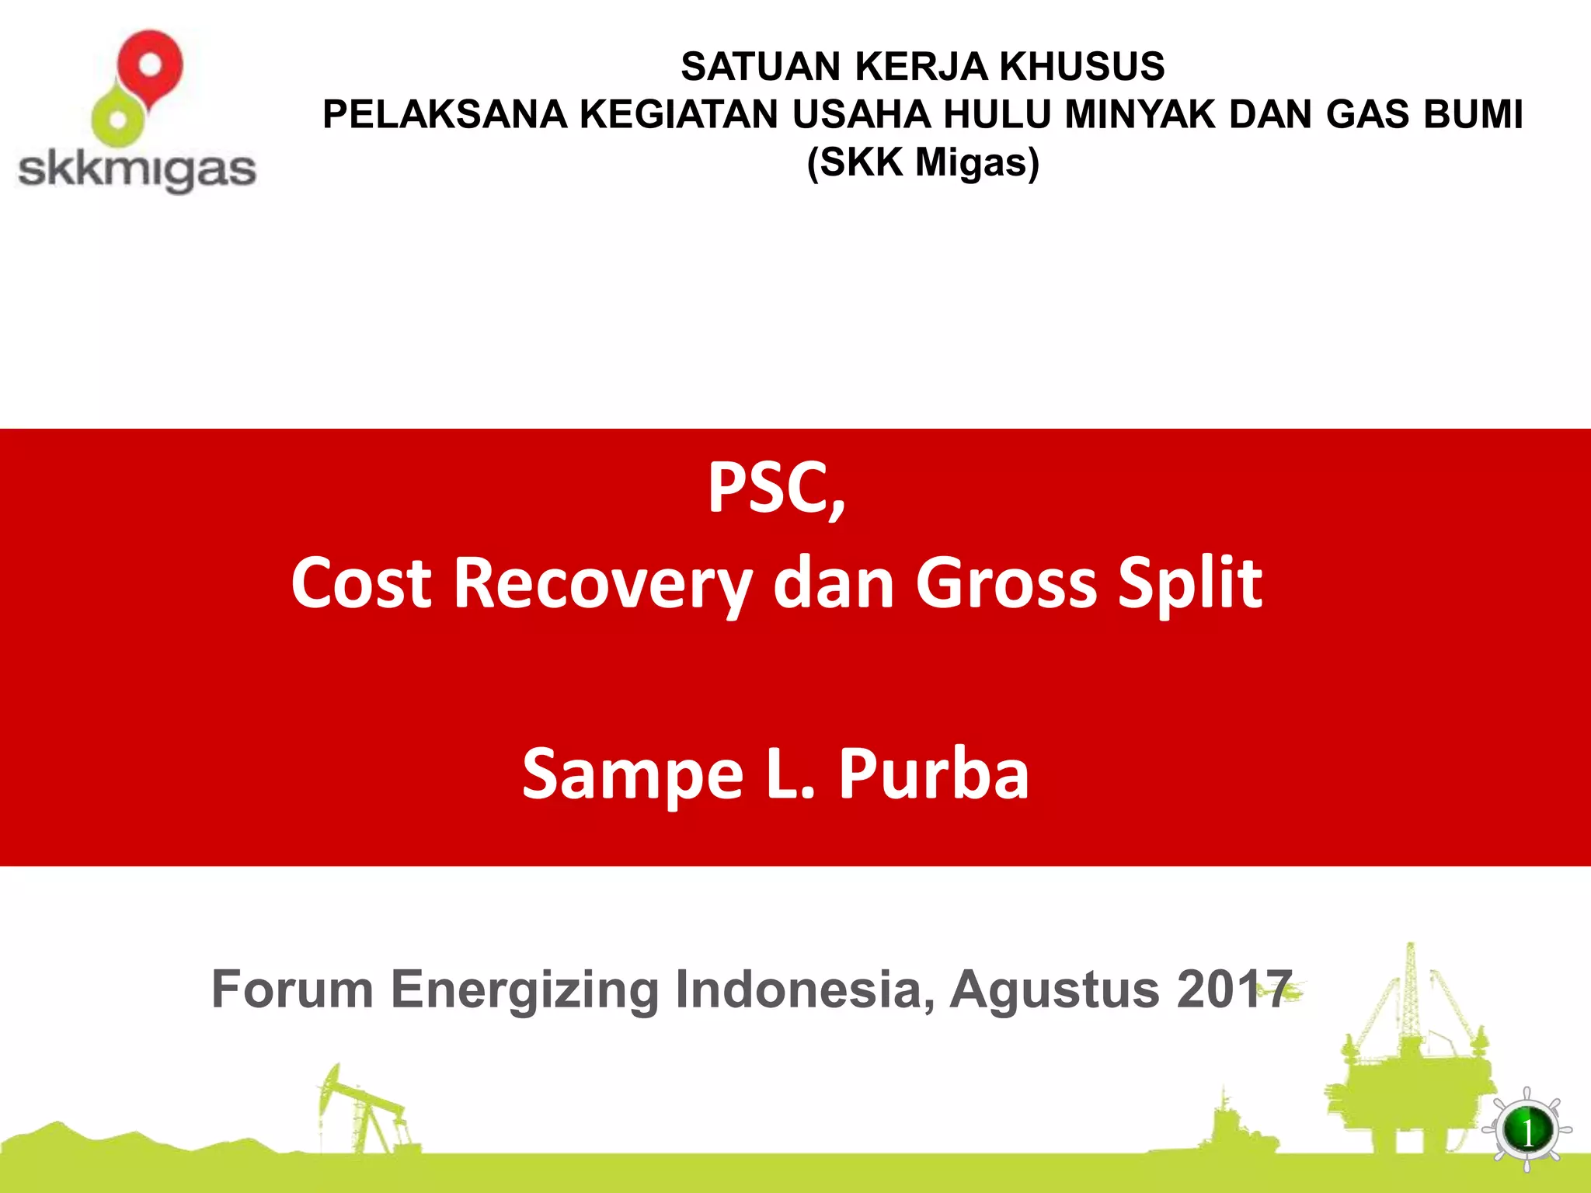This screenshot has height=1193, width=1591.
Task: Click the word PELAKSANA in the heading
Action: pos(444,115)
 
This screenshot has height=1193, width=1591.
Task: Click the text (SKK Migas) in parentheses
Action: pos(923,163)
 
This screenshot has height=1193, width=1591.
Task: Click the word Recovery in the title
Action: pos(602,584)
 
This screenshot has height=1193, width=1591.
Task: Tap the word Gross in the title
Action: pos(1006,584)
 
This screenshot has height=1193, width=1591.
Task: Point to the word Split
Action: pos(1189,584)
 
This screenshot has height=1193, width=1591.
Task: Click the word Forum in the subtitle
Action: pos(292,990)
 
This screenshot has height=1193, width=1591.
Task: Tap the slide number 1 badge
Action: pos(1527,1132)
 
